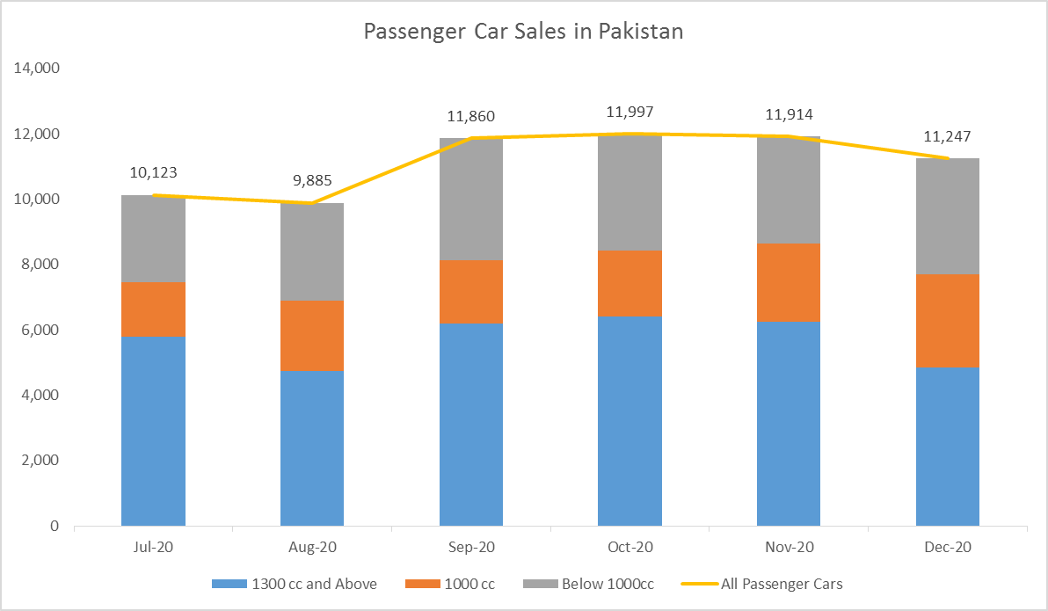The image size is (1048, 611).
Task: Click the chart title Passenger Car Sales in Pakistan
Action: pyautogui.click(x=523, y=32)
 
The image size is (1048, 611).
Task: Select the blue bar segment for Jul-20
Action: pyautogui.click(x=153, y=431)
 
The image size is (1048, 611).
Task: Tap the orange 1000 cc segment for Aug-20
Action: pyautogui.click(x=312, y=335)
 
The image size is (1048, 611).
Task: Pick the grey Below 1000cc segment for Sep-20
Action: pyautogui.click(x=471, y=199)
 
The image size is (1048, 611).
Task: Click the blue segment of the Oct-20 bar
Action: pyautogui.click(x=630, y=420)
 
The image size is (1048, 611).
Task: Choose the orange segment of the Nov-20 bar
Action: pyautogui.click(x=789, y=282)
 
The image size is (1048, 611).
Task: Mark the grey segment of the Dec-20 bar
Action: pyautogui.click(x=948, y=216)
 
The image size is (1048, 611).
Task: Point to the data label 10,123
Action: pyautogui.click(x=153, y=173)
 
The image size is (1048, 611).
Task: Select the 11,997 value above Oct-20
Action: pyautogui.click(x=630, y=113)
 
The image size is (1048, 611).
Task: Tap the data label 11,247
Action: pyautogui.click(x=948, y=136)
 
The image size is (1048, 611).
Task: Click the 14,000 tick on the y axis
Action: pyautogui.click(x=36, y=69)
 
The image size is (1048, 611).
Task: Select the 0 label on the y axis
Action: pyautogui.click(x=54, y=526)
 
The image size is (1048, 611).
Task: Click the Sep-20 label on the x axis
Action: pyautogui.click(x=471, y=547)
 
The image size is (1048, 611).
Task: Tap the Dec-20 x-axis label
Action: pyautogui.click(x=948, y=547)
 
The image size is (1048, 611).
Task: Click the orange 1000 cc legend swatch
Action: pyautogui.click(x=420, y=584)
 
